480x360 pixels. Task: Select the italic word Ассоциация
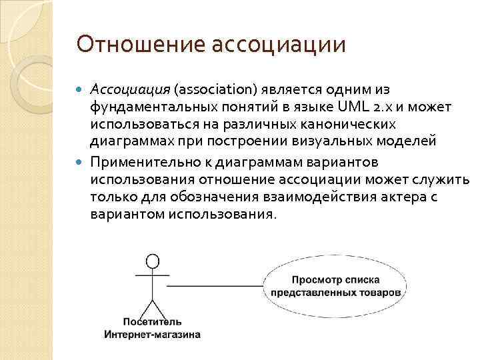pos(131,89)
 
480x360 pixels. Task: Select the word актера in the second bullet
pos(411,198)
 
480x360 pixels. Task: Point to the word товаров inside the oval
pos(380,293)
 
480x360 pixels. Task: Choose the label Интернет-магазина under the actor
pos(153,335)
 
